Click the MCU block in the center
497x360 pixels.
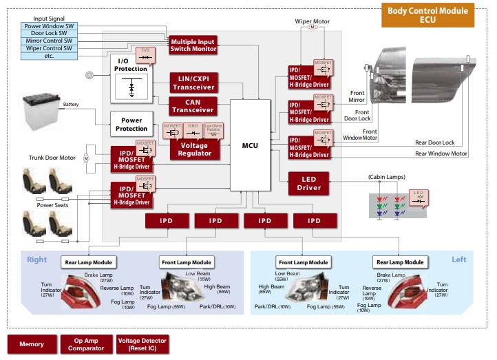(x=250, y=145)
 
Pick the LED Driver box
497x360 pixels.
(x=309, y=182)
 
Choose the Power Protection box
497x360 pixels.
(x=131, y=125)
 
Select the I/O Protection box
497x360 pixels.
(x=131, y=65)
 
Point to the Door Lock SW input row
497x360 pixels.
(x=49, y=34)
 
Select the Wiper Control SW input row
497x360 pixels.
(x=49, y=48)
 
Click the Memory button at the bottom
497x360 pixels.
(x=32, y=344)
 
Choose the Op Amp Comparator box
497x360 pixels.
(x=86, y=344)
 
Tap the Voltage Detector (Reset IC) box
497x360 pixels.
(x=142, y=344)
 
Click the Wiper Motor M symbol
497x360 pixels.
(x=311, y=28)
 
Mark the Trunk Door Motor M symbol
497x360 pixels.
(x=86, y=158)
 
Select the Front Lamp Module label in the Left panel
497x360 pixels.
(x=304, y=262)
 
